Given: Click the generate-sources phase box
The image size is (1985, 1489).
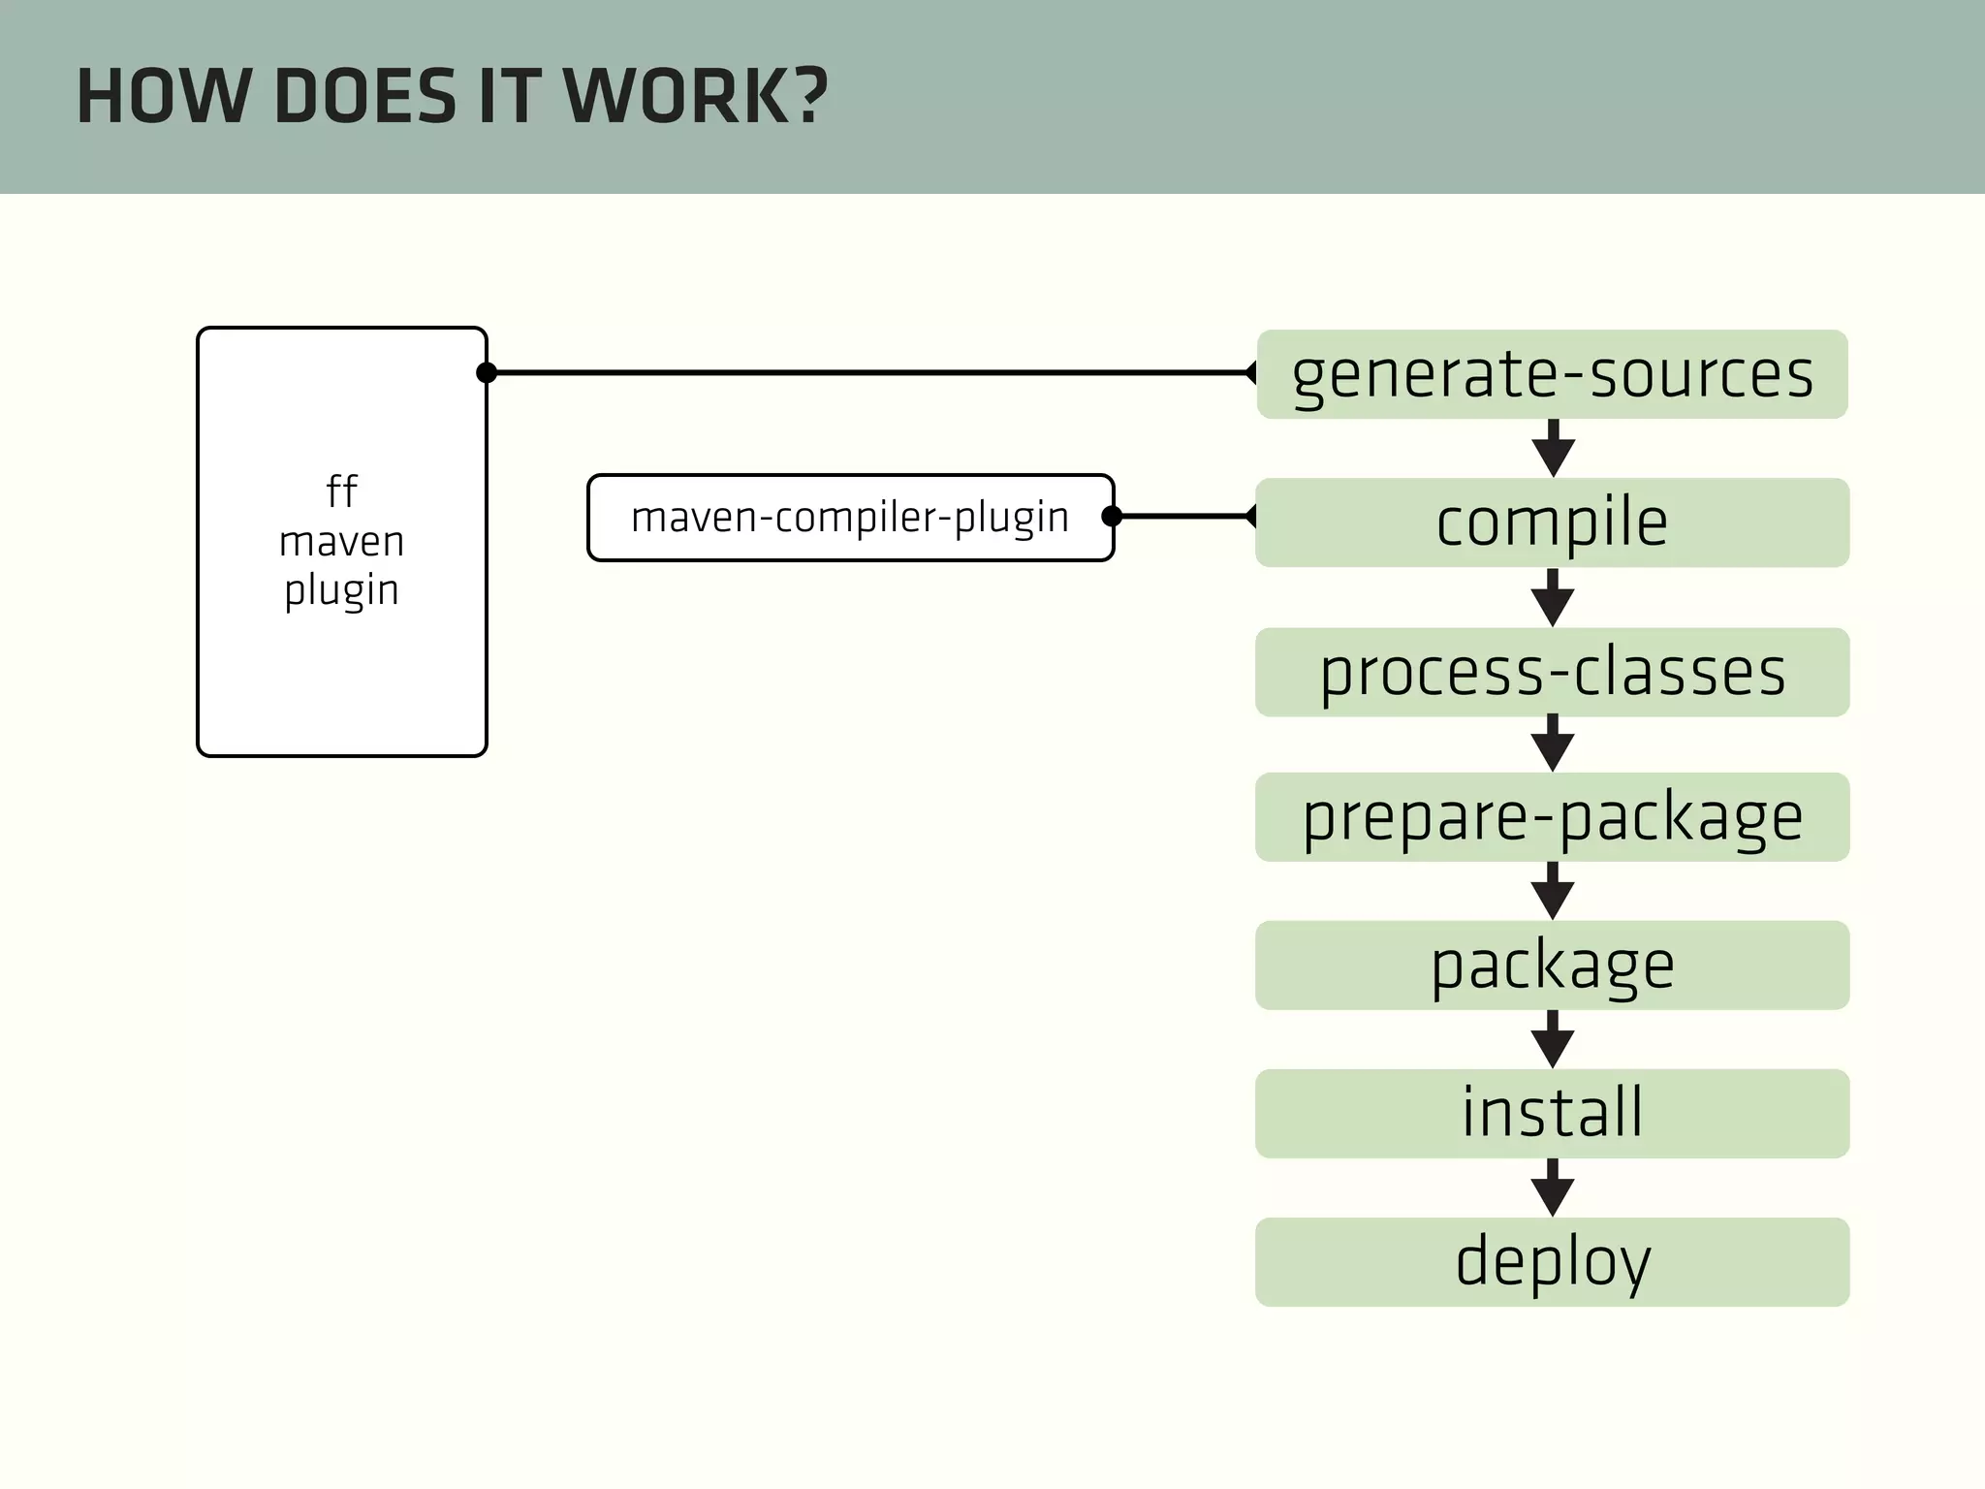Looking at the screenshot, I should [1552, 374].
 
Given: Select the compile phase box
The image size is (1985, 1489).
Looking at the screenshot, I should [1552, 523].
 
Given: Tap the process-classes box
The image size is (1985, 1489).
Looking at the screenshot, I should [1552, 672].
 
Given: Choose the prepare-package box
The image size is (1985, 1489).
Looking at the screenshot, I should [1552, 817].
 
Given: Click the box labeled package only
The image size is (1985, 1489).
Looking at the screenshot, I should [1552, 966].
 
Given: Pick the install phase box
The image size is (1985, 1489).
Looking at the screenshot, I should [1552, 1113].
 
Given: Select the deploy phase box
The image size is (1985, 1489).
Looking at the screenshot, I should [1552, 1261].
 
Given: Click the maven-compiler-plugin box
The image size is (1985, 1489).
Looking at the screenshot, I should [849, 518].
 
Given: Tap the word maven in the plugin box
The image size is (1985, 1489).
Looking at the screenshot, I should [341, 541].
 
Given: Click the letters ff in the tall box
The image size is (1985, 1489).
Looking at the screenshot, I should [341, 491].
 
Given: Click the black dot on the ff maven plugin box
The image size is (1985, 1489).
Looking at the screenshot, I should [487, 372].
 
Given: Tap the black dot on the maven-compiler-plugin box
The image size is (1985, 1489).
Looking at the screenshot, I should [1112, 516].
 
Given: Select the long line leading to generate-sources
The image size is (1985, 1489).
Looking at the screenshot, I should [872, 372].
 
